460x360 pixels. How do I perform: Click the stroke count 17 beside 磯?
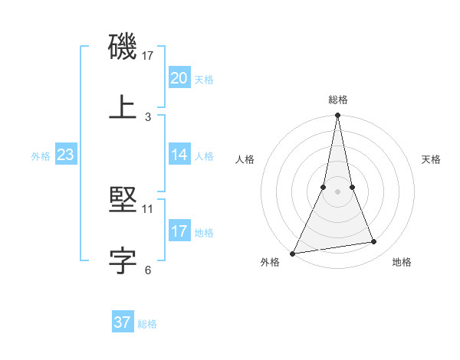148,56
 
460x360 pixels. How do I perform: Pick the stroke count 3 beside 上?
148,116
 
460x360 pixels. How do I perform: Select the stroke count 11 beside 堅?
148,208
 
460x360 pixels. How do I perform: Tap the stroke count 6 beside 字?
148,270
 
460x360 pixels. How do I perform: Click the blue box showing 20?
179,78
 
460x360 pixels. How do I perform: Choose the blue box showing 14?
179,155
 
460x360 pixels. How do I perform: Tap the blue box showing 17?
179,231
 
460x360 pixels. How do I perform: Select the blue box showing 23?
66,155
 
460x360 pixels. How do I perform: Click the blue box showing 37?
123,322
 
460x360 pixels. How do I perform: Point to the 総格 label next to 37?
148,324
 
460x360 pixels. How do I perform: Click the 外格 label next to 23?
41,156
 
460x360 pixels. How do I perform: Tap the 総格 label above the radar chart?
337,100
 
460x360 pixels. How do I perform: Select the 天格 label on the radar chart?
432,159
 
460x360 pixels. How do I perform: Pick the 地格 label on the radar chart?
402,262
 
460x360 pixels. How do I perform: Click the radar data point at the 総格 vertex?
337,116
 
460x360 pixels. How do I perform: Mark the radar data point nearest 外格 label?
293,253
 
